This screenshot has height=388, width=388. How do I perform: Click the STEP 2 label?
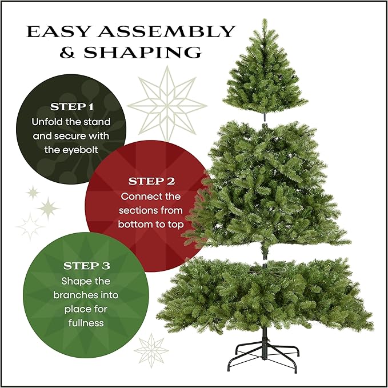click(x=151, y=182)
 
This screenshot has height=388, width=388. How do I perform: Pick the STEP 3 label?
click(x=86, y=266)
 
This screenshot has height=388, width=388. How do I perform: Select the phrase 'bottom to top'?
click(x=151, y=225)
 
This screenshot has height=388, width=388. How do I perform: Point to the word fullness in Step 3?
click(x=83, y=323)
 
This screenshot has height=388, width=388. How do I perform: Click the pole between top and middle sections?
click(x=265, y=116)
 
